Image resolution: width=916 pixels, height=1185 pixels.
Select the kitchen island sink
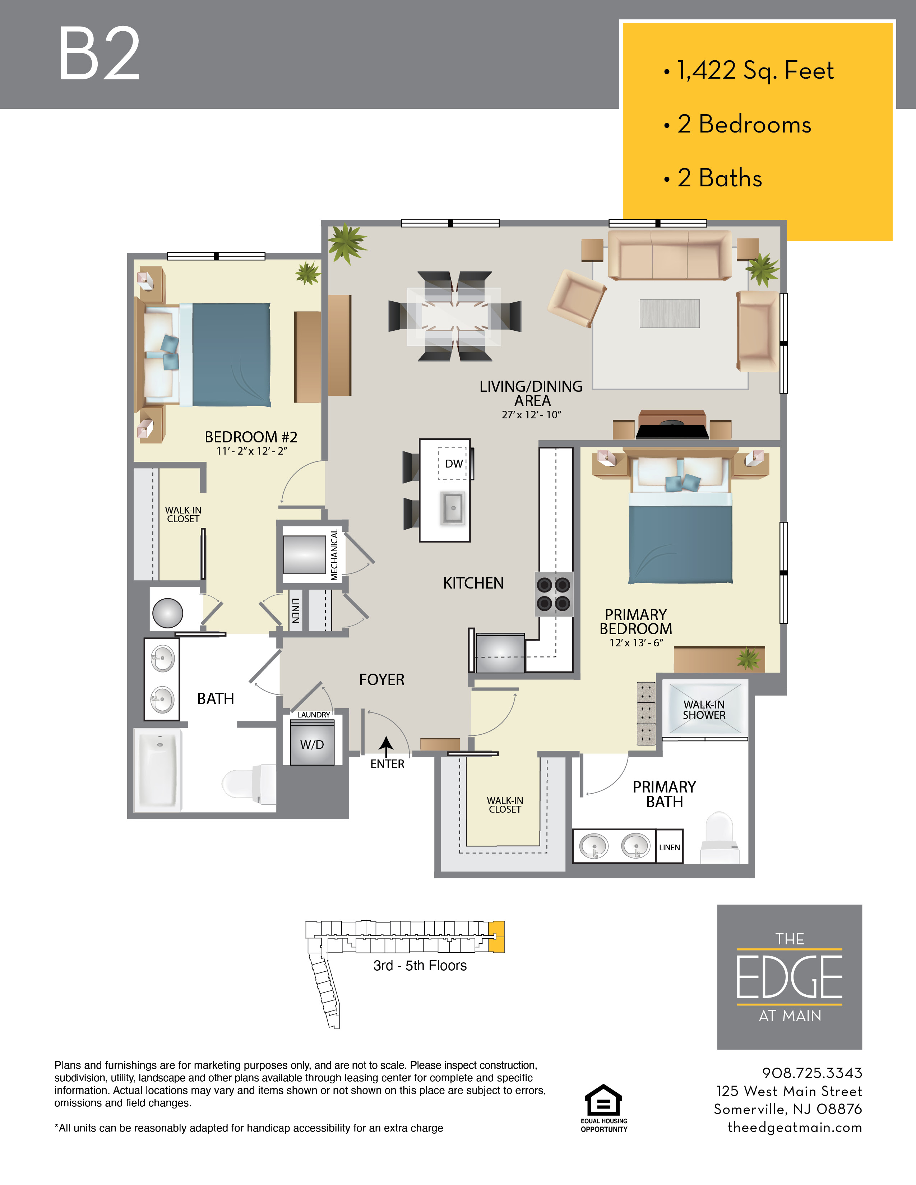pos(453,508)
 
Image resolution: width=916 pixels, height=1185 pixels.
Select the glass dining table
pos(454,316)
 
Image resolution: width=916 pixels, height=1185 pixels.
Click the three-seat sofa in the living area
pos(670,255)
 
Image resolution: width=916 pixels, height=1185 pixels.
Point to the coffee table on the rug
pos(670,313)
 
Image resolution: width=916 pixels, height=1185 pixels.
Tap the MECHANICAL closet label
pos(334,554)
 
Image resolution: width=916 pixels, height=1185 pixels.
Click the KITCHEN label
pos(473,583)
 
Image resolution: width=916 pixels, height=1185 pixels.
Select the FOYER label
pos(381,679)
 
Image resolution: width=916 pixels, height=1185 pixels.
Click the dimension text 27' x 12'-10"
pos(531,414)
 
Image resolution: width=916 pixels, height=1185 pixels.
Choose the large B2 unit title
pos(99,54)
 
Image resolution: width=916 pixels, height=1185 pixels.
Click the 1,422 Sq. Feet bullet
pos(749,70)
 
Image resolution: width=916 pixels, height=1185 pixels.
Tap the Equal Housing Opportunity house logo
pos(603,1099)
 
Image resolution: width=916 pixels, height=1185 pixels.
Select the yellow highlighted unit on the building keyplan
pos(496,937)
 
